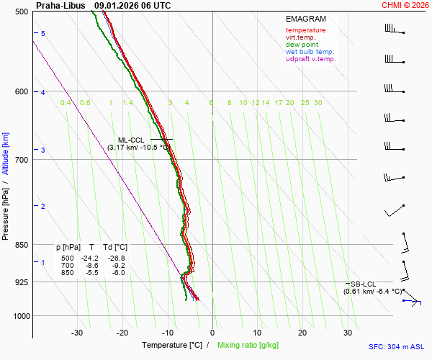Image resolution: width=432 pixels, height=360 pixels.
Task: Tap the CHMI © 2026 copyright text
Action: tap(406, 5)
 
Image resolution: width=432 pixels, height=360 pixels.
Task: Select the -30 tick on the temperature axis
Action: tap(77, 333)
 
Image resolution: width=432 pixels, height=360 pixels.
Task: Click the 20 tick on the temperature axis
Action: tap(302, 333)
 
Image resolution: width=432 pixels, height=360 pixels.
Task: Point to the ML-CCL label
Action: tap(131, 140)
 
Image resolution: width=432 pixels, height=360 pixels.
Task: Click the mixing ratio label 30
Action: tap(318, 103)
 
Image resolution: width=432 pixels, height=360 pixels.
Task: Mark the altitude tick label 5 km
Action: tap(43, 34)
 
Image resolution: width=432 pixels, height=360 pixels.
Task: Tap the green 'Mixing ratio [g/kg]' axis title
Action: tap(249, 346)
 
